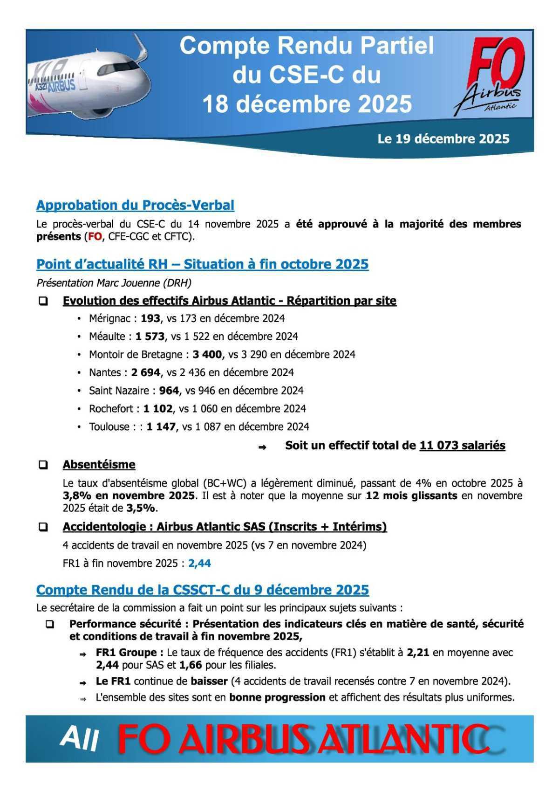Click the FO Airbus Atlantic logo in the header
click(x=492, y=77)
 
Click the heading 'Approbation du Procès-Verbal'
click(x=135, y=205)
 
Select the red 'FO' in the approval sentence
click(x=95, y=236)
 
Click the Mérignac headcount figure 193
click(x=150, y=318)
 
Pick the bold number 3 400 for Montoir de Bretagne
click(x=207, y=354)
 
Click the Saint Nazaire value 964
click(x=169, y=391)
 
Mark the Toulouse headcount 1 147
click(x=161, y=427)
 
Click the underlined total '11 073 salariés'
click(x=462, y=446)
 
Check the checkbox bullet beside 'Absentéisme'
click(x=43, y=465)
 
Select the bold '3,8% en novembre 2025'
click(x=129, y=495)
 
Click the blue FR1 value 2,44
click(x=199, y=564)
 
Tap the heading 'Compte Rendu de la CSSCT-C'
click(x=202, y=590)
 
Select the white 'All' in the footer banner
click(x=79, y=739)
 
